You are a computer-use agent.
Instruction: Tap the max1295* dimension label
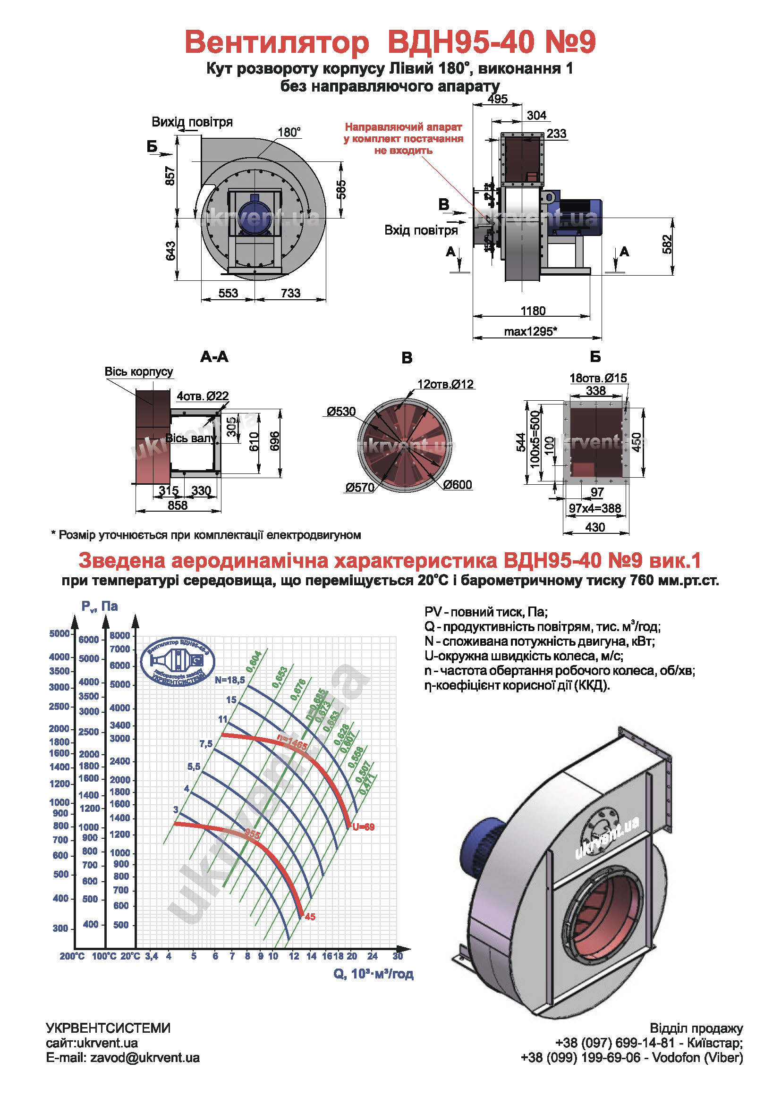point(530,331)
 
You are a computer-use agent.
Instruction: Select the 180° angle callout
point(289,132)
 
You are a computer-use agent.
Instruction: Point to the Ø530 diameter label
point(341,412)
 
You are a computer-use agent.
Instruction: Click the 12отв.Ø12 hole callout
point(445,384)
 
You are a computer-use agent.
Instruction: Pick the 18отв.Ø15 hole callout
point(598,378)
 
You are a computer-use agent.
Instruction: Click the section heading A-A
point(214,357)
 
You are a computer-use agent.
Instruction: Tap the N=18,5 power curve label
point(229,680)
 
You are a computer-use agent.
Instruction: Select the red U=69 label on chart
point(363,827)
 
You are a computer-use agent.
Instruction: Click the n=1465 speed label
point(292,743)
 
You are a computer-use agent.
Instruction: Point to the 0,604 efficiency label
point(254,662)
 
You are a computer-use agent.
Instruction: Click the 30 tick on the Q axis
point(398,956)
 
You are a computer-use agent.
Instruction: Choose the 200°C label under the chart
point(72,956)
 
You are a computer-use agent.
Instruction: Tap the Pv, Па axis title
point(100,607)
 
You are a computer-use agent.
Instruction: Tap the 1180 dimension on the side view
point(533,311)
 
